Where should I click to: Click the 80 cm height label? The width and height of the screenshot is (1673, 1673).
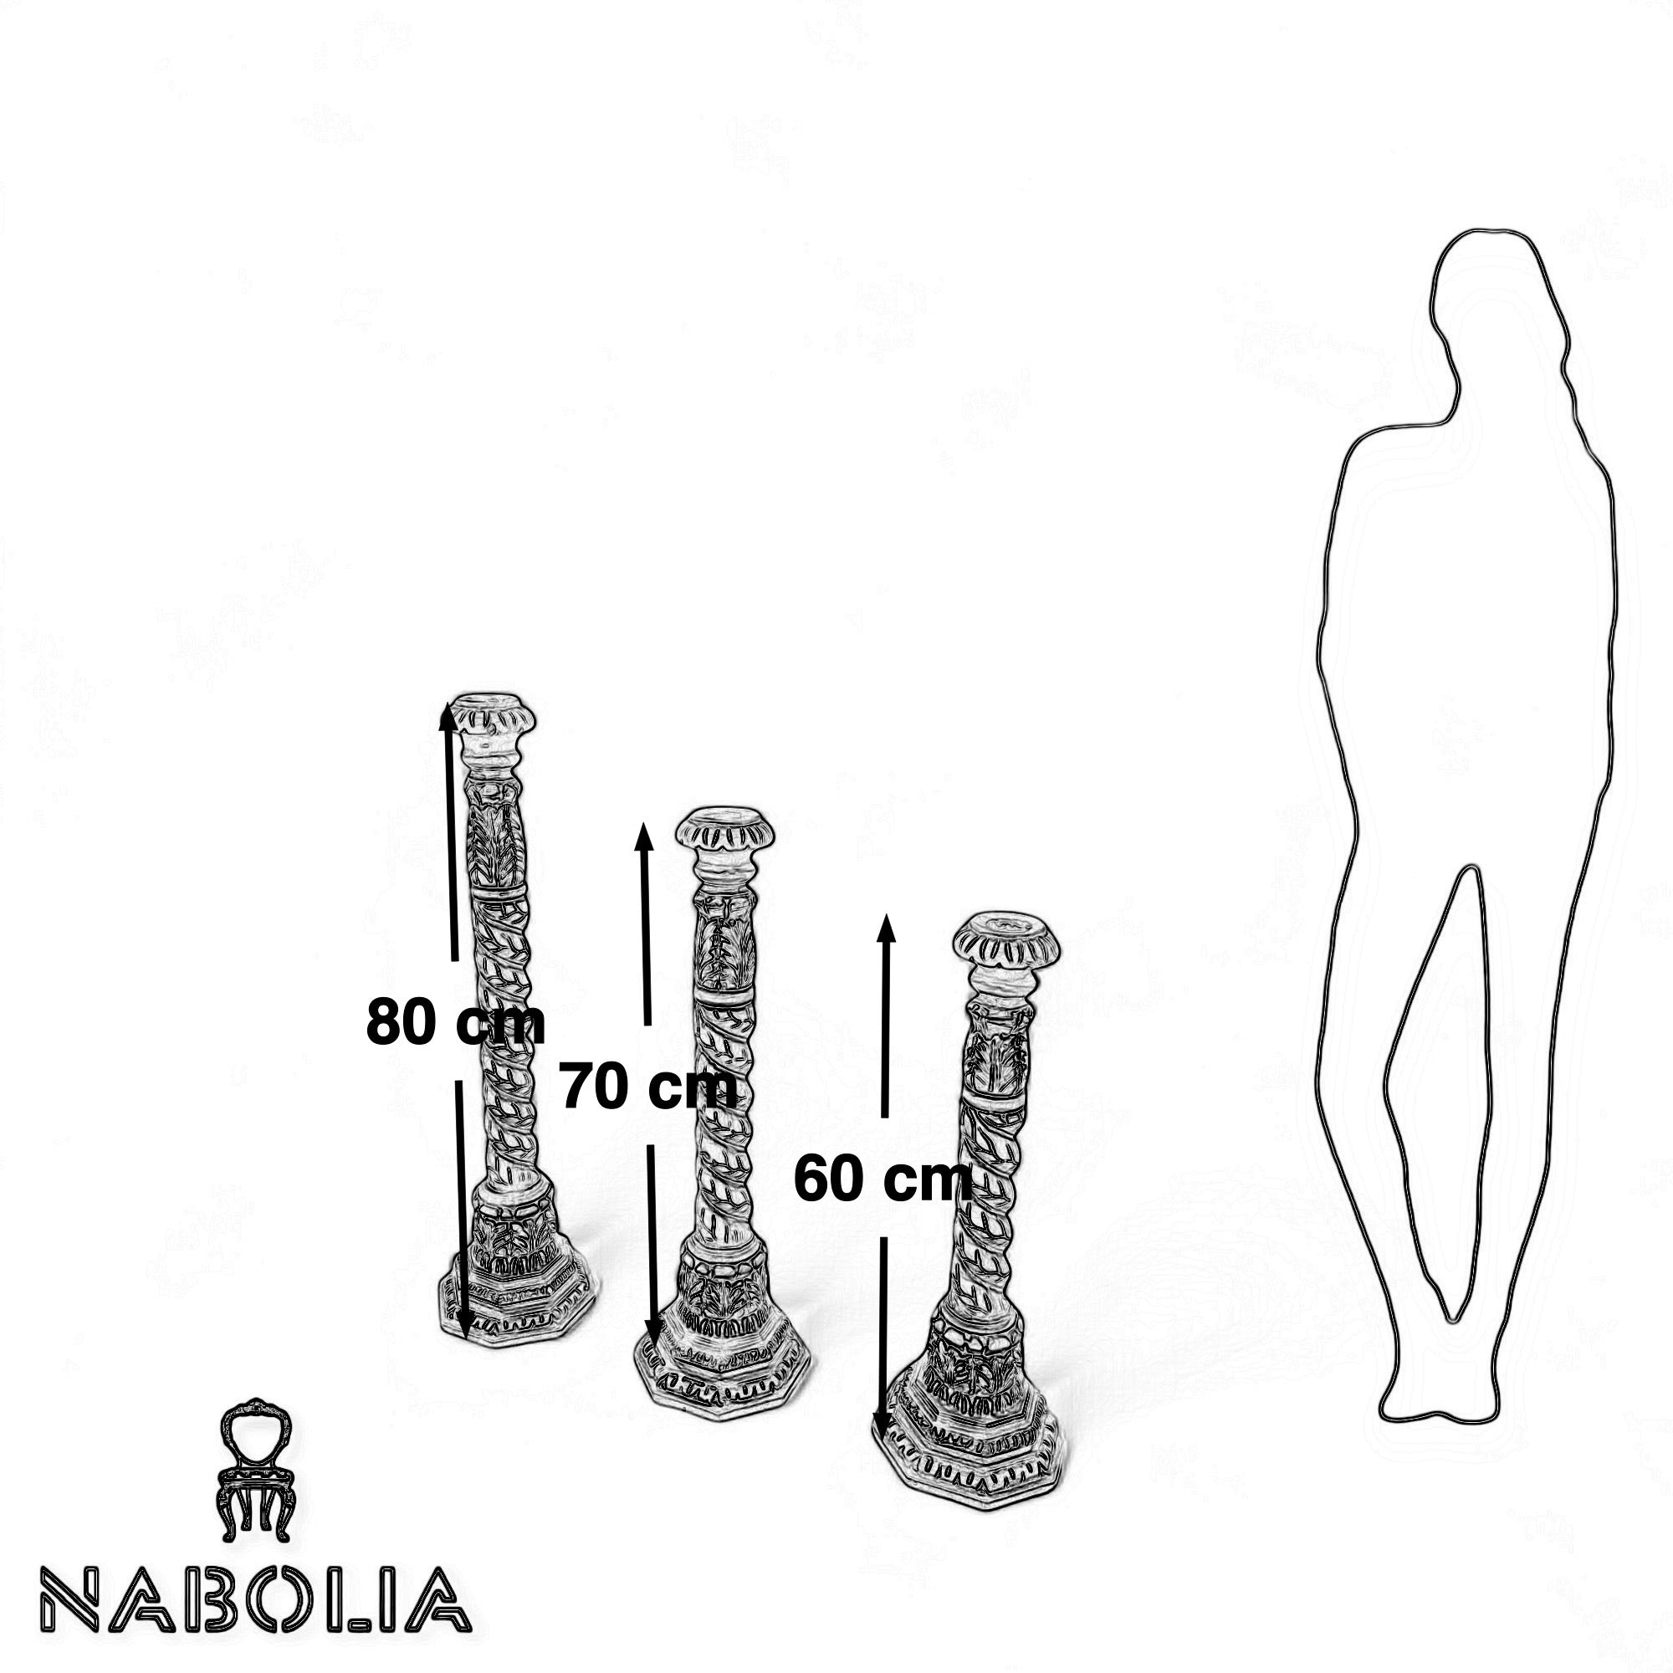coord(456,1023)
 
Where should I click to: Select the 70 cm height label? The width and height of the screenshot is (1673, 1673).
coord(648,1087)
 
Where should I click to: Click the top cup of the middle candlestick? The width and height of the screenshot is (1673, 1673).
coord(724,831)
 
